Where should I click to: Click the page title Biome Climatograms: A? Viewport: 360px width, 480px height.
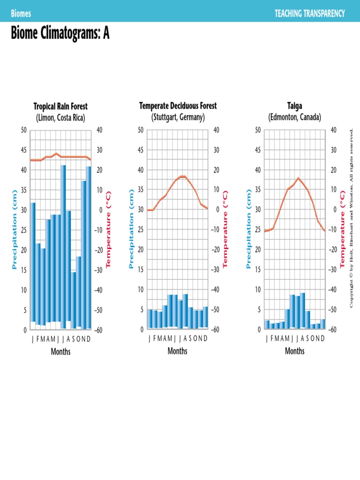click(x=60, y=34)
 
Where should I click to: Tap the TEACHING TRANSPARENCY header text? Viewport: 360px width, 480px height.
click(x=309, y=14)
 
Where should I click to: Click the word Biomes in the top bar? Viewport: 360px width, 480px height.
click(x=21, y=14)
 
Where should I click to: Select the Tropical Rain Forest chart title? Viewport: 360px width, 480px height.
click(x=60, y=107)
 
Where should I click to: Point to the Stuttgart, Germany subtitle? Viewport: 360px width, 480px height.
click(x=178, y=117)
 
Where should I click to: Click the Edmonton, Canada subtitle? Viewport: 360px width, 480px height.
click(x=295, y=117)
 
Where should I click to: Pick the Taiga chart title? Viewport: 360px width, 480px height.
click(x=295, y=106)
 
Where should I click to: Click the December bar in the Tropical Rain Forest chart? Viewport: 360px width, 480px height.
click(x=89, y=248)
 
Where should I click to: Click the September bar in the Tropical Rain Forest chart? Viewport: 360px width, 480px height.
click(x=74, y=300)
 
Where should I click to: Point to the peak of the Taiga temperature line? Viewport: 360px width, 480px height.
click(x=298, y=178)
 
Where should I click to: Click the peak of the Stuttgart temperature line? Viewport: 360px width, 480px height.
click(x=183, y=176)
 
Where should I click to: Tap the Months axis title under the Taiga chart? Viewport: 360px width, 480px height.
click(x=295, y=351)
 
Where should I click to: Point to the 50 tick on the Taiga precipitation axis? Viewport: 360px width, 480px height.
click(x=258, y=130)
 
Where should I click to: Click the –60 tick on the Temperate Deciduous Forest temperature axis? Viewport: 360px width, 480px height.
click(x=216, y=330)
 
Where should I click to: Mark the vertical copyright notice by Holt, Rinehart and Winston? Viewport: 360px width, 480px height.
click(x=351, y=218)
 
